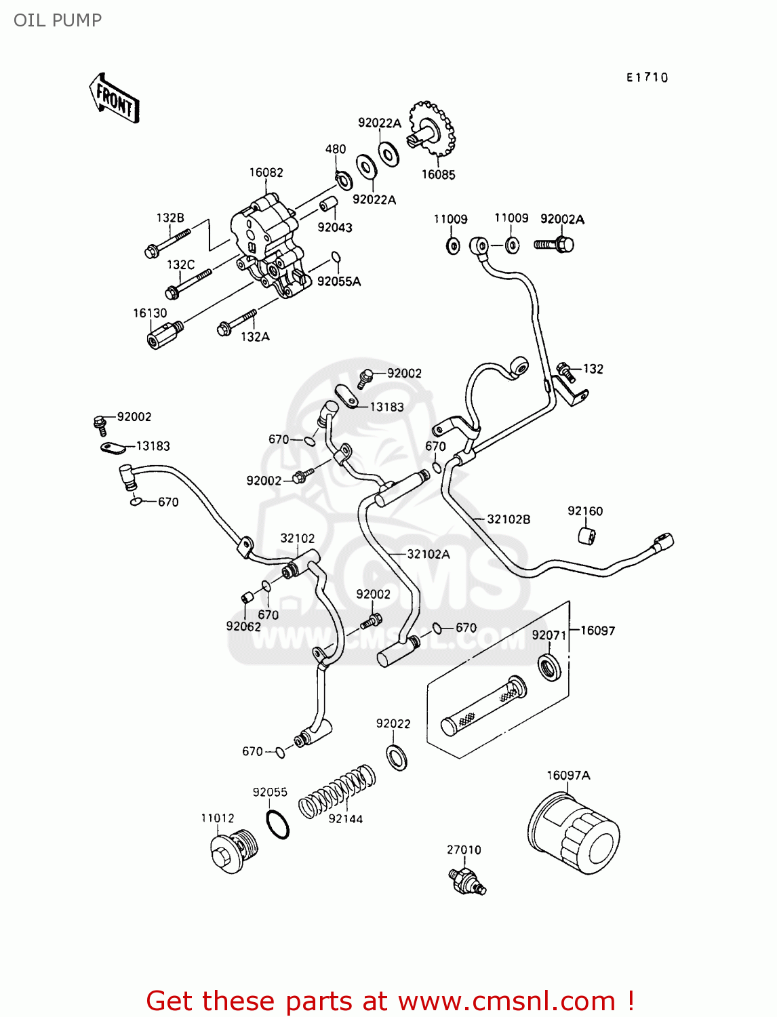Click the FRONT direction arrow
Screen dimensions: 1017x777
[115, 99]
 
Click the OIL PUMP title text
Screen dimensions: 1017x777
[58, 20]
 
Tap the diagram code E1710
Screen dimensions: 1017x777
[647, 77]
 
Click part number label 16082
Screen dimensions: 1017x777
[266, 173]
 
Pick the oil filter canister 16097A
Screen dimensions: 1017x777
[574, 832]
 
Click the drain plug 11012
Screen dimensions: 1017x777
[232, 852]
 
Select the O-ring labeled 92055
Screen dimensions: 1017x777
[277, 824]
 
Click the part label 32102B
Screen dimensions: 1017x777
[509, 519]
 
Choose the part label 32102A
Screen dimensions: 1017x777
[428, 554]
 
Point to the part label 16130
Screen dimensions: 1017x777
[150, 313]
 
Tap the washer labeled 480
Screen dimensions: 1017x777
[344, 180]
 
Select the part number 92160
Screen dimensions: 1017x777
[585, 511]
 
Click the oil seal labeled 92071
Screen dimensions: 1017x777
[549, 667]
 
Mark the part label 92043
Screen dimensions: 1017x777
[335, 227]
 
